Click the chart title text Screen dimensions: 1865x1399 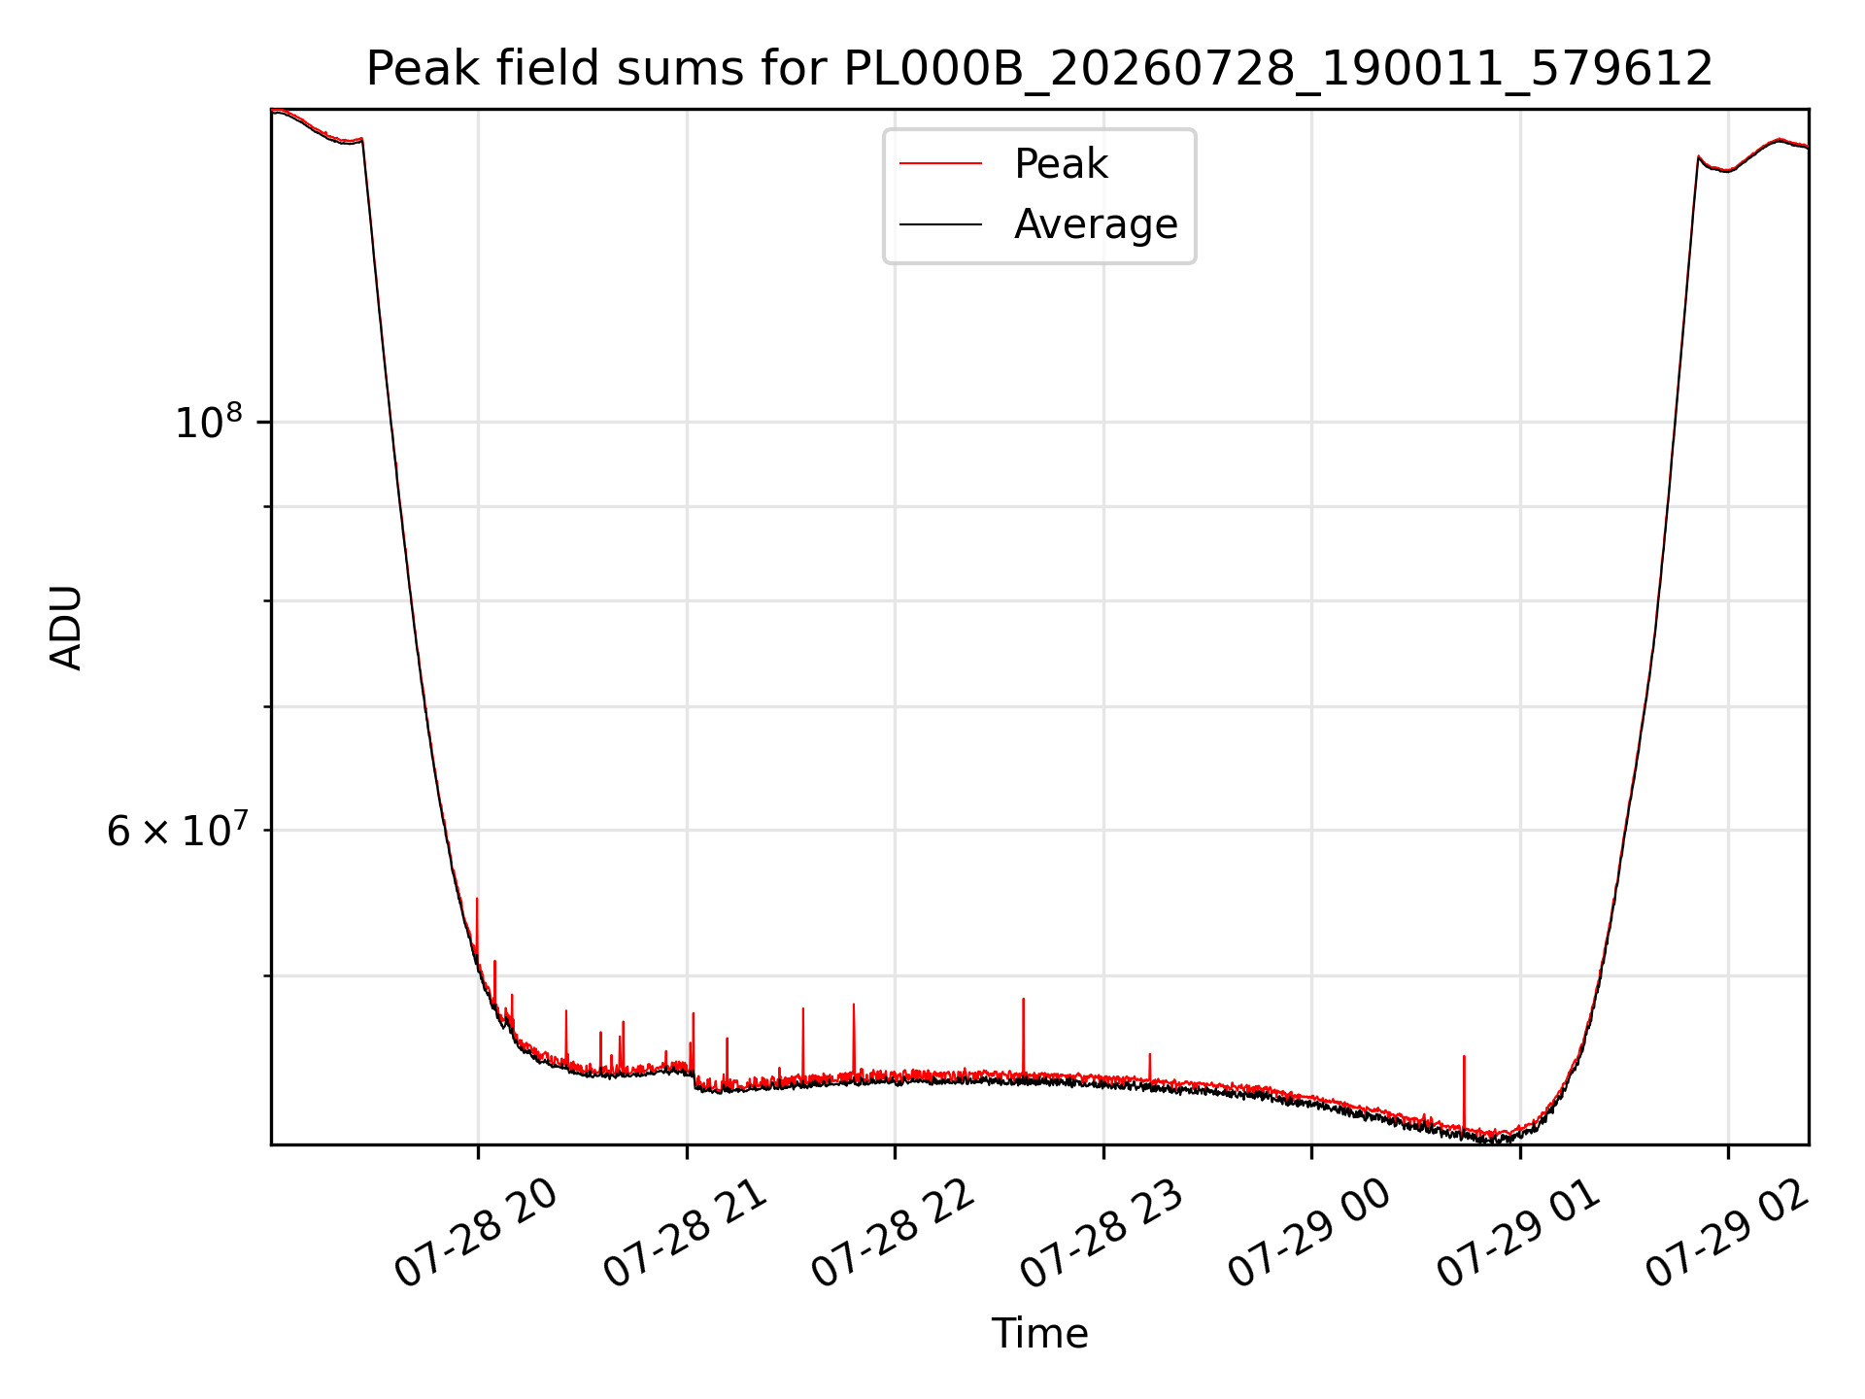(1039, 69)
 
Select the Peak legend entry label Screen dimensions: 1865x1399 (1061, 164)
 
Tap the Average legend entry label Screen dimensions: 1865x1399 (1096, 224)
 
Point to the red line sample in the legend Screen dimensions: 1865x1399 (940, 164)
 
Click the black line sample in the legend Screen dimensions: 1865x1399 (940, 224)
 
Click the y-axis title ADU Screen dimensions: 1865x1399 (66, 628)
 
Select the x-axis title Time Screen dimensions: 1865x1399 (1039, 1334)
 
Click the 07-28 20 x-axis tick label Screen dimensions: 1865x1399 (476, 1234)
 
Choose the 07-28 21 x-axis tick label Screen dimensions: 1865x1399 (685, 1234)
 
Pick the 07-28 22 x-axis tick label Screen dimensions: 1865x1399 (893, 1234)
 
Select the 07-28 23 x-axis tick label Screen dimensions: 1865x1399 (1102, 1234)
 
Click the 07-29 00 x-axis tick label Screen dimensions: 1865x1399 (1309, 1234)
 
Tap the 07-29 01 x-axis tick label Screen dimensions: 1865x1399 (1518, 1234)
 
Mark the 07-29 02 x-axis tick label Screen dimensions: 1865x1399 (1726, 1234)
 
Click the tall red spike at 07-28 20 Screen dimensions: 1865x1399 (477, 928)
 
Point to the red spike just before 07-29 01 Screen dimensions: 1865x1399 (1464, 1092)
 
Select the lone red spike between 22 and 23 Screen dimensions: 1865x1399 (1023, 1036)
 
